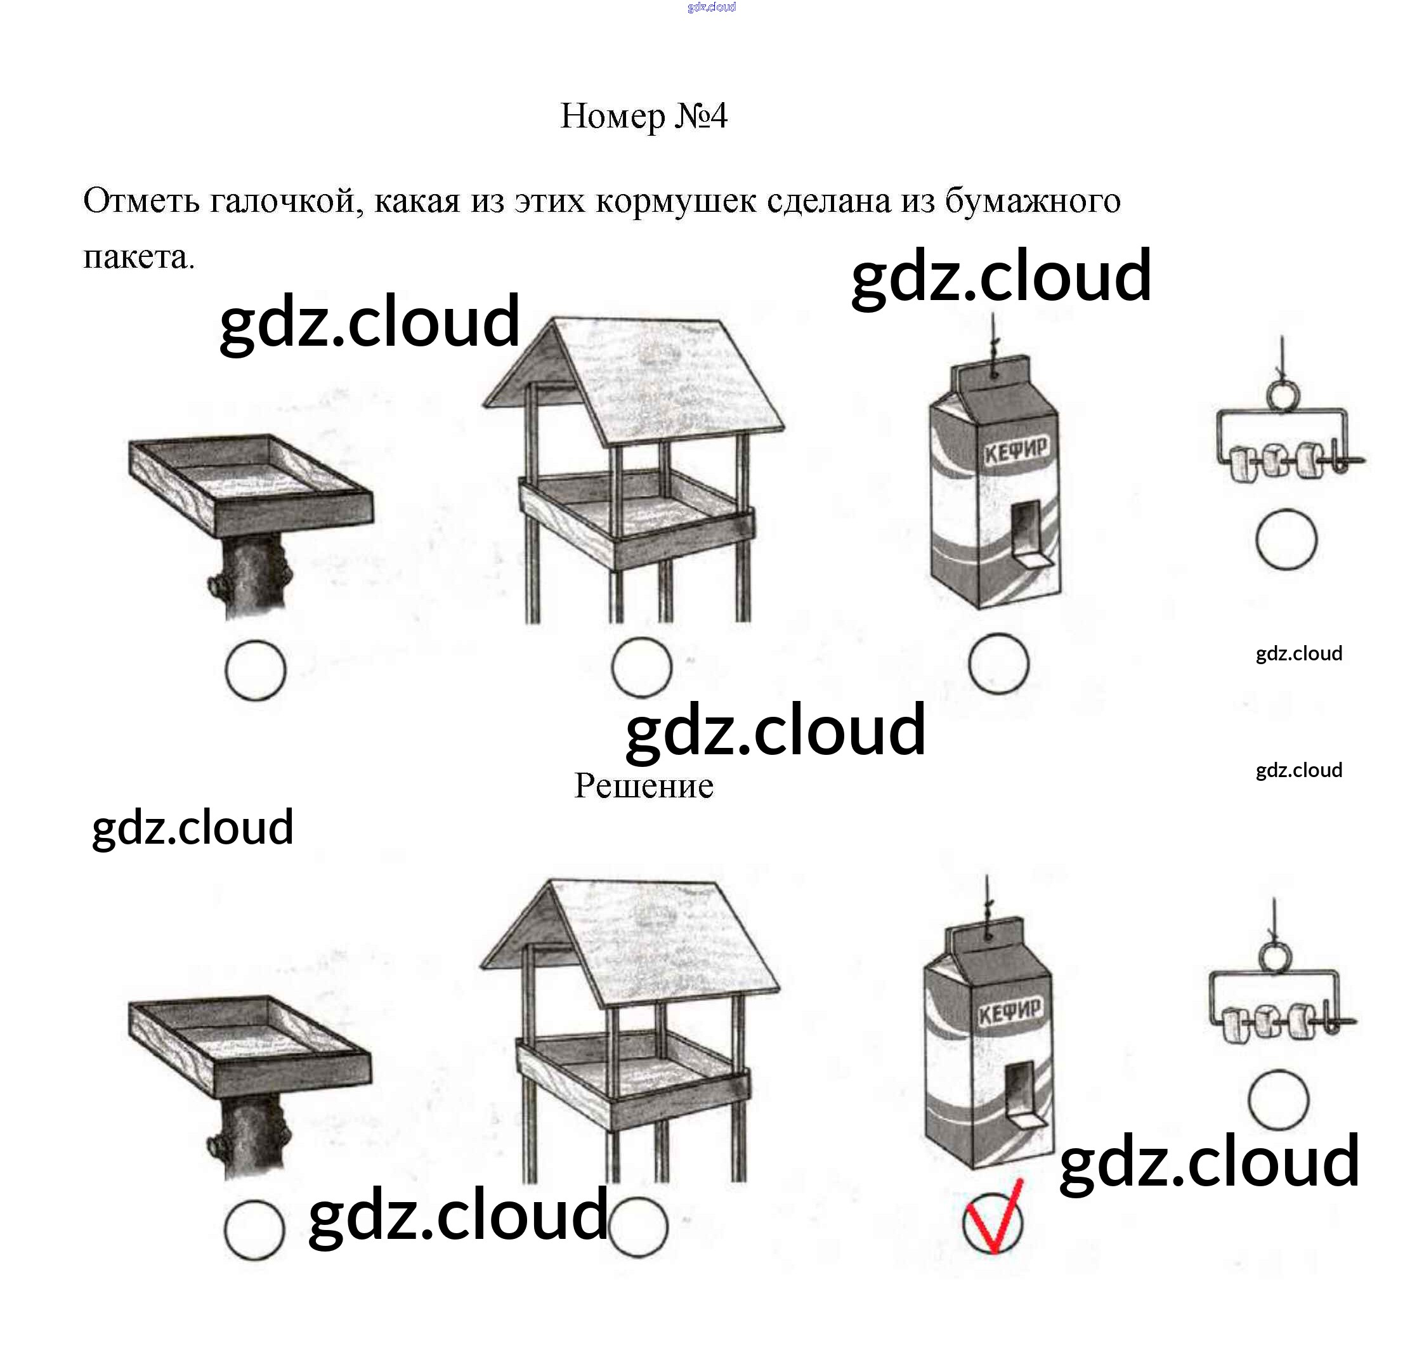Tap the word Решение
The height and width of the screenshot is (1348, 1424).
coord(643,785)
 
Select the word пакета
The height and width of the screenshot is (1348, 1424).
coord(138,258)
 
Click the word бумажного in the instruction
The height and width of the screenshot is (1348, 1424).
coord(1032,201)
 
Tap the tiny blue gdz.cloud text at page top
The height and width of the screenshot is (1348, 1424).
coord(711,7)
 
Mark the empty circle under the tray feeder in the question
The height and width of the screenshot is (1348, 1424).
coord(255,671)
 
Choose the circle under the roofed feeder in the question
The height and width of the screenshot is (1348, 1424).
coord(641,667)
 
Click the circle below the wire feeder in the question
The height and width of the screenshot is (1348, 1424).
coord(1286,540)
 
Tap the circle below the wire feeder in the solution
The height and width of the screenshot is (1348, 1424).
coord(1278,1100)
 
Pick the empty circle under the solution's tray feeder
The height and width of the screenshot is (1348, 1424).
coord(254,1229)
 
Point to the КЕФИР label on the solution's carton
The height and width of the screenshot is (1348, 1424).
coord(1009,1013)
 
